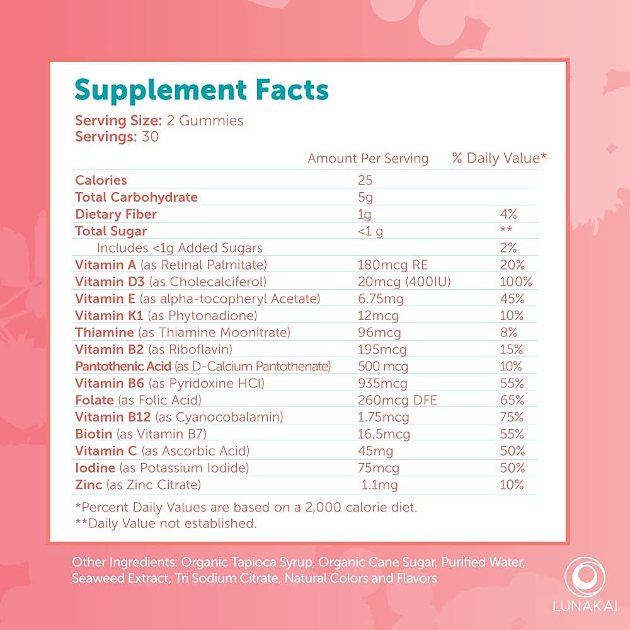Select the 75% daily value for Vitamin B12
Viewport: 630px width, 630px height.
pyautogui.click(x=510, y=417)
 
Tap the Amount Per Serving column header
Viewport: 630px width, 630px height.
pyautogui.click(x=368, y=158)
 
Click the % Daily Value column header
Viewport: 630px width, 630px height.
pyautogui.click(x=499, y=158)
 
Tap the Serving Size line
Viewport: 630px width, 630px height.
pyautogui.click(x=159, y=120)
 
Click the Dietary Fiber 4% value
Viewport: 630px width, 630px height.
pyautogui.click(x=510, y=214)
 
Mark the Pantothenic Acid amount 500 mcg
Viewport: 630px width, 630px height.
pyautogui.click(x=382, y=366)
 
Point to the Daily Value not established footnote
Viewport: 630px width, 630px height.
pyautogui.click(x=166, y=523)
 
